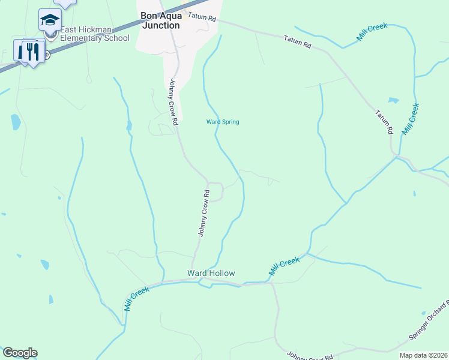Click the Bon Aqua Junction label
160,20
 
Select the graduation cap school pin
50,20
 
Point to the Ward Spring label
223,122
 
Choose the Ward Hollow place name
211,273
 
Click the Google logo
20,353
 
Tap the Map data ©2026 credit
423,355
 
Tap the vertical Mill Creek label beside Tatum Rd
410,119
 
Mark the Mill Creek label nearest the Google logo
136,298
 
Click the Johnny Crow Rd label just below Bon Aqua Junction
174,102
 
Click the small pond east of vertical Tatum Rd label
393,100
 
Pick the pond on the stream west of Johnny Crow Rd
128,125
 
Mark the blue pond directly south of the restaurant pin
16,122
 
